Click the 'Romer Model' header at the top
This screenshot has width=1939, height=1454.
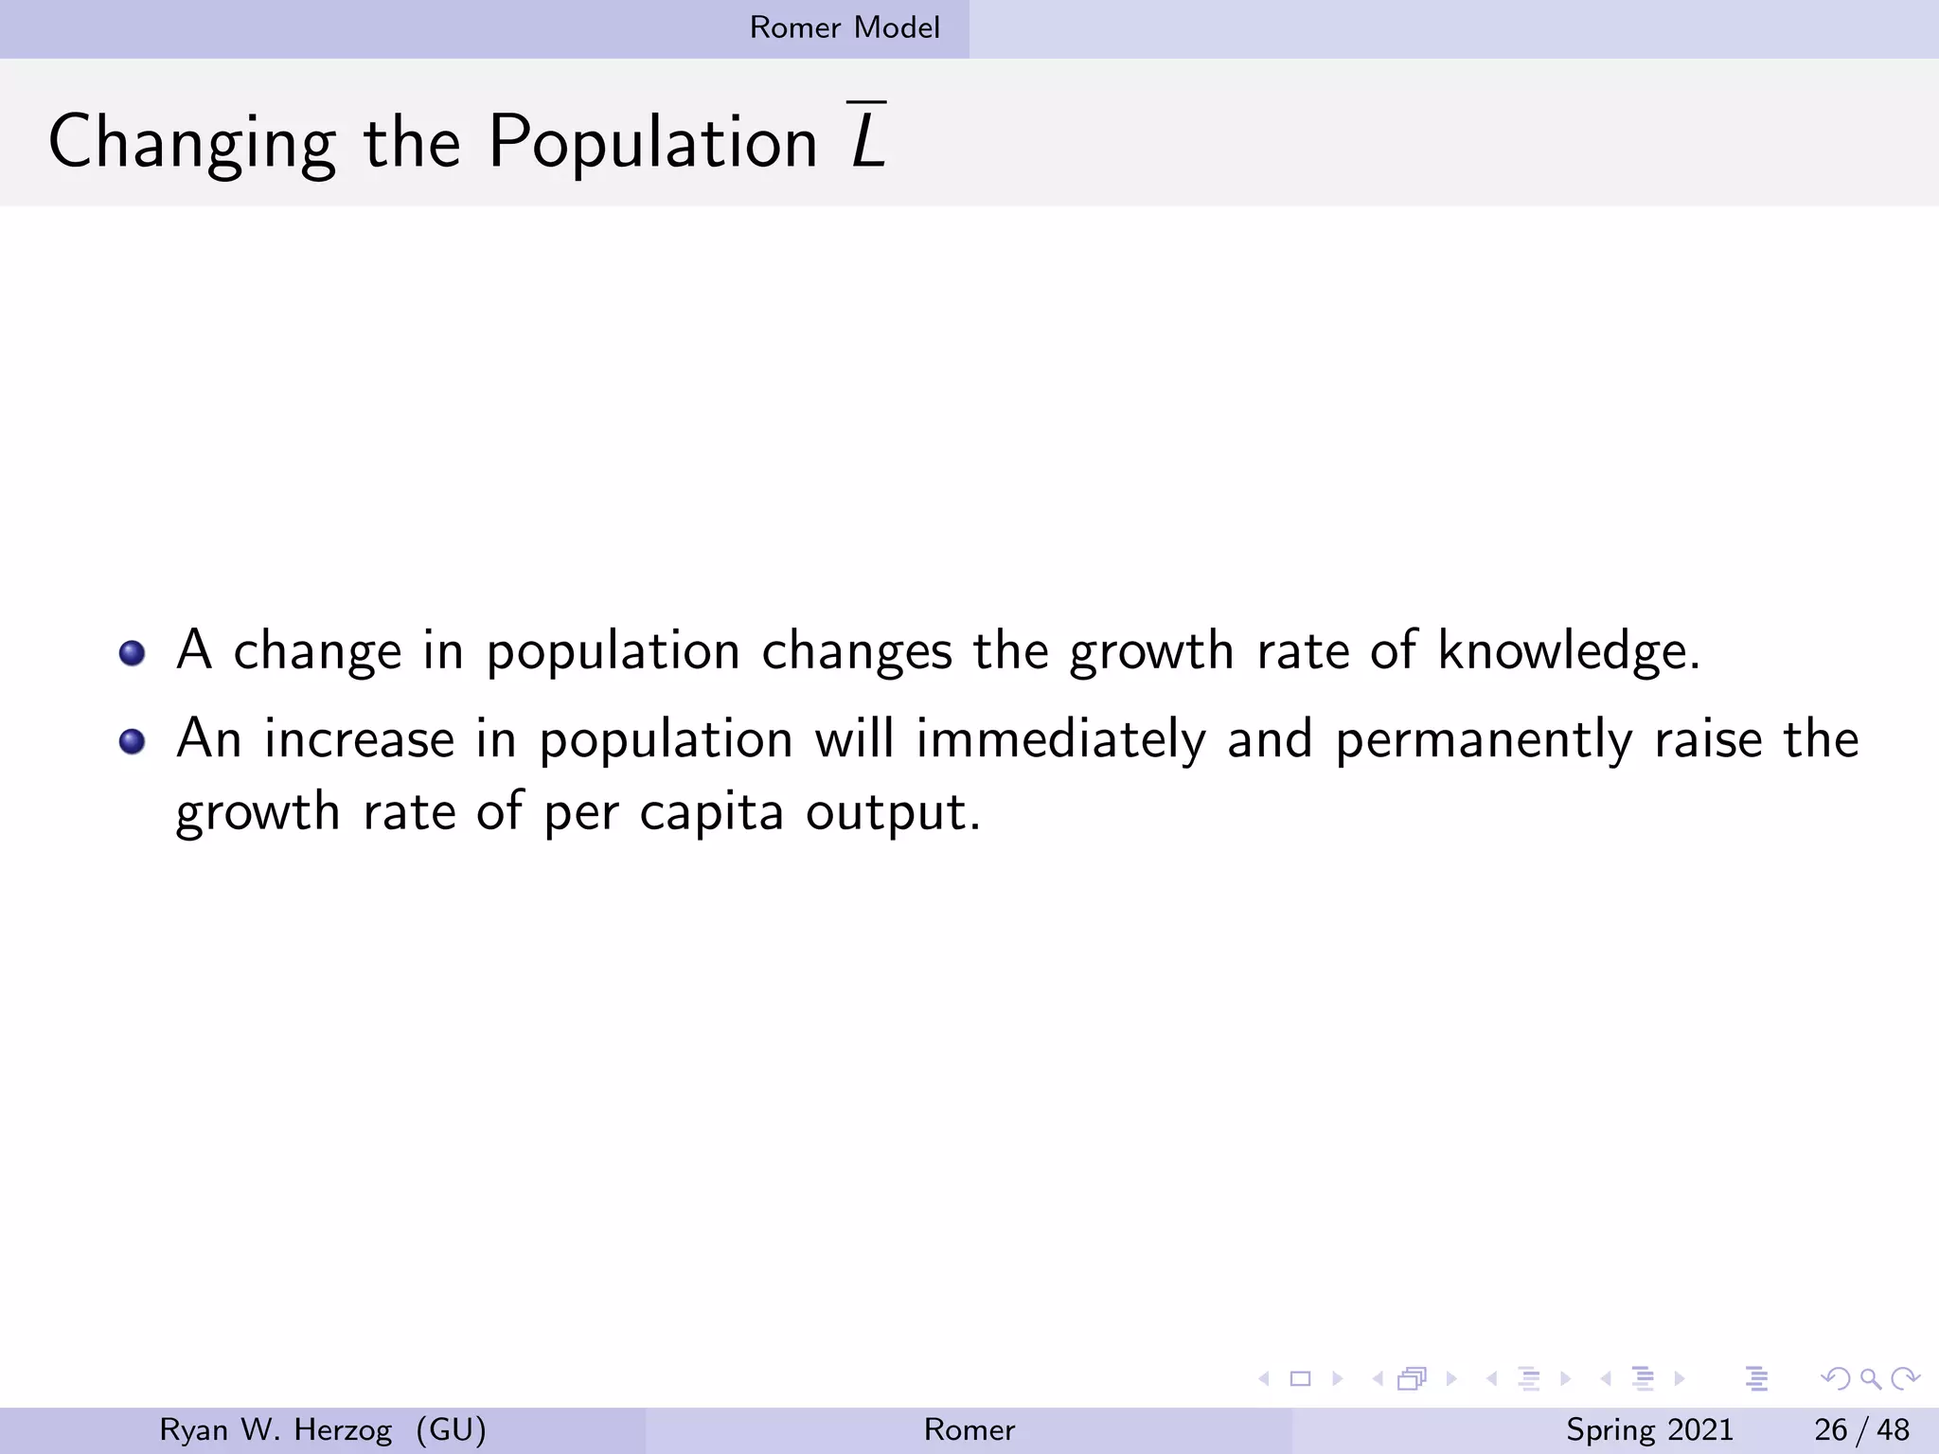pyautogui.click(x=845, y=27)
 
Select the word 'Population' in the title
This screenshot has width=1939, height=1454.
pyautogui.click(x=652, y=142)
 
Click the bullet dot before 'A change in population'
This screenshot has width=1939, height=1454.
pyautogui.click(x=133, y=653)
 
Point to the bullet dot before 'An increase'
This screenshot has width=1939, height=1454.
pyautogui.click(x=133, y=741)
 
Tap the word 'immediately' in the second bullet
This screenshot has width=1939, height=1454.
pyautogui.click(x=1060, y=739)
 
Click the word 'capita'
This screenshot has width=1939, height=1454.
pyautogui.click(x=711, y=812)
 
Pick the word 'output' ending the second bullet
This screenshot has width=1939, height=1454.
pyautogui.click(x=893, y=812)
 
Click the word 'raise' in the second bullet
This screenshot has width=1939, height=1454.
pyautogui.click(x=1708, y=739)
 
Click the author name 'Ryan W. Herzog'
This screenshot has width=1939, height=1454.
pyautogui.click(x=276, y=1429)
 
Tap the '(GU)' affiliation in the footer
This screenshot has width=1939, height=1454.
pyautogui.click(x=451, y=1429)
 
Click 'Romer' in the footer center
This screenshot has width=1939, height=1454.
pyautogui.click(x=969, y=1429)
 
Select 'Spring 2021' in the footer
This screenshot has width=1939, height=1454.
pyautogui.click(x=1649, y=1429)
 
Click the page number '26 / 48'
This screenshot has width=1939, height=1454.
pyautogui.click(x=1861, y=1429)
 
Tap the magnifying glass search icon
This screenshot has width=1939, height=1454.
pyautogui.click(x=1870, y=1378)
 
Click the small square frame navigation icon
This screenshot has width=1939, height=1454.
pyautogui.click(x=1300, y=1378)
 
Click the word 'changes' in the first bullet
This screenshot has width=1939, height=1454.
pyautogui.click(x=857, y=651)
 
